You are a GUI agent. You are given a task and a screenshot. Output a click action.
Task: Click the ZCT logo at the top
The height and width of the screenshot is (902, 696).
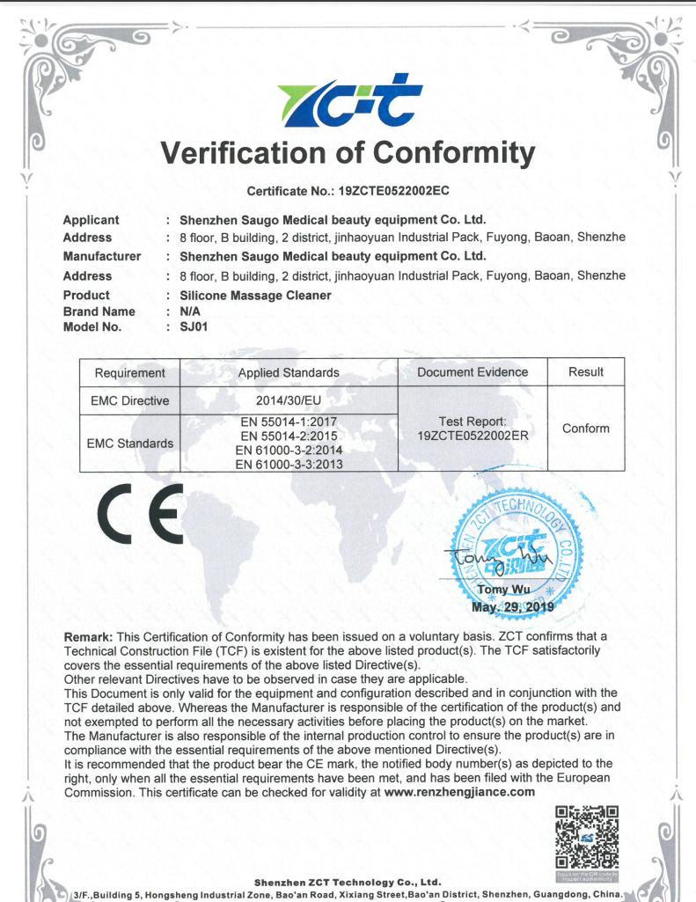(x=348, y=105)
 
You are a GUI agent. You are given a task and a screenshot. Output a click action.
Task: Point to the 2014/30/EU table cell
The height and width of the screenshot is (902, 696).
(x=289, y=400)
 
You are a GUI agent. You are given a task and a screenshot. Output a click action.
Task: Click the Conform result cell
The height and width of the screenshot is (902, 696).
(x=585, y=429)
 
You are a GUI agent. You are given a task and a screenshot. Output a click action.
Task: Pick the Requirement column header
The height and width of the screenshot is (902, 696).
(x=129, y=372)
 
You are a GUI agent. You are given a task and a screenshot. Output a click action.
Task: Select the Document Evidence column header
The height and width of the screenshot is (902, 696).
(x=473, y=372)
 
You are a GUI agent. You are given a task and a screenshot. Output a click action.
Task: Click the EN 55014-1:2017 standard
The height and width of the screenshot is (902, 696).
(x=289, y=422)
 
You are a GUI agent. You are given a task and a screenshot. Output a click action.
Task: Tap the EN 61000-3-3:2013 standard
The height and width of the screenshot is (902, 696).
(x=289, y=464)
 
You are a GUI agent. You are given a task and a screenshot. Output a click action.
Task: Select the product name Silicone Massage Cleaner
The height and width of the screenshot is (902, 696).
(x=255, y=296)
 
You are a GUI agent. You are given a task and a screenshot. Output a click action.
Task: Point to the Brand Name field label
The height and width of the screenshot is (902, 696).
(x=99, y=312)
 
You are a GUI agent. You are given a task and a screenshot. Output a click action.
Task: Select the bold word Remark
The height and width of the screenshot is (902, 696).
(x=88, y=636)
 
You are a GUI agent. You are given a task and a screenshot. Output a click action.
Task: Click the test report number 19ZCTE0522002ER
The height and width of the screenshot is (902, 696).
(x=473, y=436)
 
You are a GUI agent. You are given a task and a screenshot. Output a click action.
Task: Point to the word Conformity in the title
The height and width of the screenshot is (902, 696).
(x=453, y=153)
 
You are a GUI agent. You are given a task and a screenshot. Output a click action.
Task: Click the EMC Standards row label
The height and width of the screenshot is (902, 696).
(x=129, y=443)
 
